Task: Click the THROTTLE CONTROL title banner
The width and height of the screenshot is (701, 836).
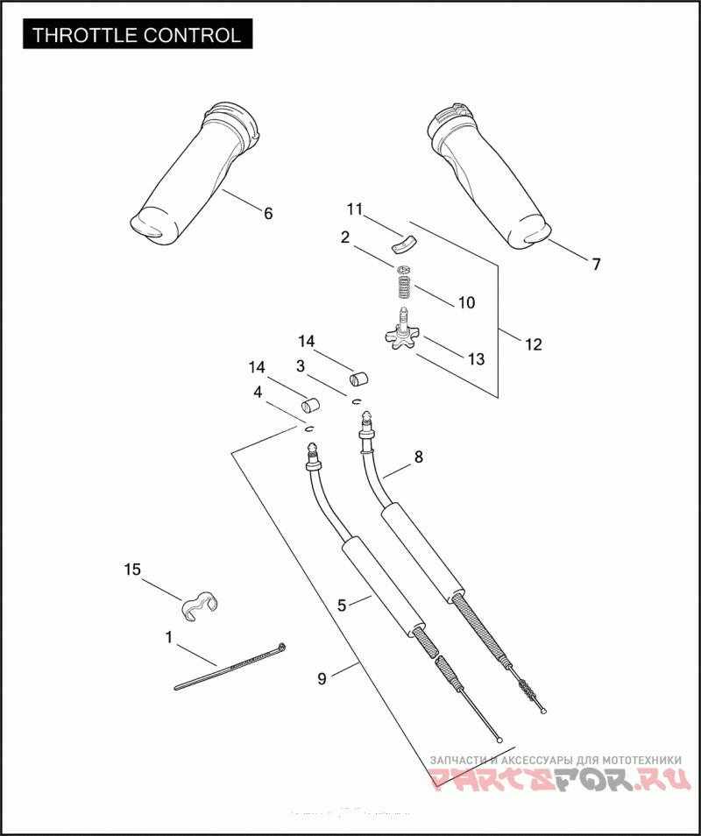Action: point(137,35)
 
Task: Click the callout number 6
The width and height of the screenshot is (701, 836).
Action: point(268,213)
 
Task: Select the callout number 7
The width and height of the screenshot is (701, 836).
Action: point(596,264)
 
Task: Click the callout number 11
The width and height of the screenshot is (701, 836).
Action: point(354,209)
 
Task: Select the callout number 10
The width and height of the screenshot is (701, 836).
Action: point(466,302)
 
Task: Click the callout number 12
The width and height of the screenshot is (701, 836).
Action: point(533,344)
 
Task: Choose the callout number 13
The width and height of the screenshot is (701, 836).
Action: point(476,358)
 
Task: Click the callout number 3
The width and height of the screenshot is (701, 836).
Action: point(301,365)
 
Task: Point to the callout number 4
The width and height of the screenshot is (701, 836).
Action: point(258,393)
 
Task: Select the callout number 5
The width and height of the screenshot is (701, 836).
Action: point(343,604)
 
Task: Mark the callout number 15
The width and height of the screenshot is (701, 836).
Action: point(132,570)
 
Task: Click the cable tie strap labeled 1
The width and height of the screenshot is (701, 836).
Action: point(230,668)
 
